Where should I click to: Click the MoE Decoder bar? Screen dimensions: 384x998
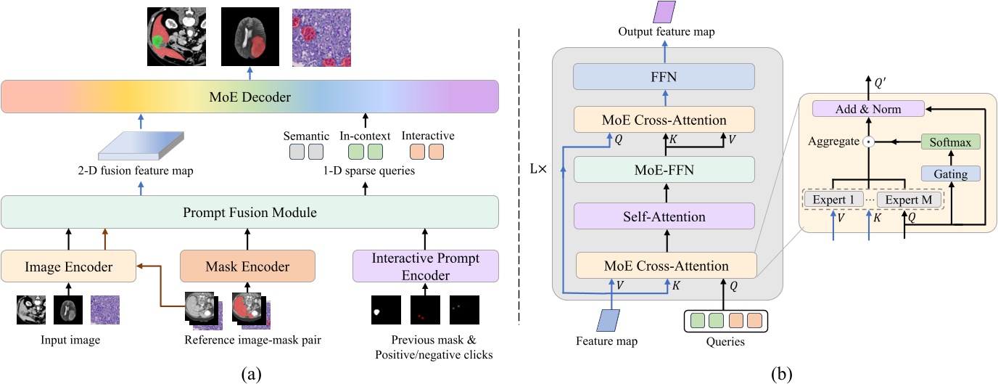point(249,97)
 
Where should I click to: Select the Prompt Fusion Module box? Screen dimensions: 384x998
point(249,213)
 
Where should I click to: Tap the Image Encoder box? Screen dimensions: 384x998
point(70,266)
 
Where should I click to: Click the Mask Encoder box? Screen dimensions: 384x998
point(247,266)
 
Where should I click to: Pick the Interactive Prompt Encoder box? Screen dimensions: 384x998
point(425,266)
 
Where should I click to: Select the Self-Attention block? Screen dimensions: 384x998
point(664,216)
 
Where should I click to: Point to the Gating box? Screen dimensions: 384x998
point(949,173)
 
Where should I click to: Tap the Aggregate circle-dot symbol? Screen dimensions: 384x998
point(867,142)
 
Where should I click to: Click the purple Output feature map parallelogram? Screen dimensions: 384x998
point(665,12)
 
